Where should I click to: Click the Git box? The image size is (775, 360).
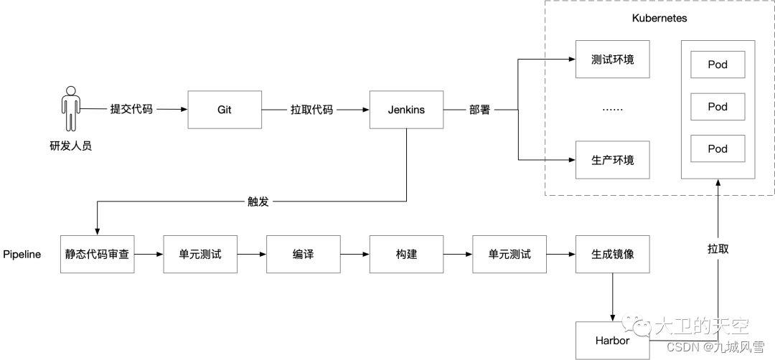click(224, 110)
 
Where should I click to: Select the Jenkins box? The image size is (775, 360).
click(406, 110)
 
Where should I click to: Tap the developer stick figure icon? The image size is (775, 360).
click(70, 110)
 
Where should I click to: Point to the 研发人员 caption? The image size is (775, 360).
click(70, 146)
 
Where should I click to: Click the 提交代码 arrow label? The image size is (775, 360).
click(131, 110)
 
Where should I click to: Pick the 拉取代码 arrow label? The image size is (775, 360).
click(312, 110)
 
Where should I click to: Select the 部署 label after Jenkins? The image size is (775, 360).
click(479, 110)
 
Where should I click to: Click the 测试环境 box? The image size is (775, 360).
click(612, 60)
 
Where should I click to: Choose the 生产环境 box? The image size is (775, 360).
click(612, 160)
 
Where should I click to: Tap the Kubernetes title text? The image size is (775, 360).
click(659, 19)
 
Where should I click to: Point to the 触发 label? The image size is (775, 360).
click(258, 202)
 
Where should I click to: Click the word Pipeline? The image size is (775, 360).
click(22, 255)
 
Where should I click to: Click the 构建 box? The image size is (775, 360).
click(406, 254)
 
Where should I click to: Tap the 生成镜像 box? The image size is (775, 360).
click(612, 254)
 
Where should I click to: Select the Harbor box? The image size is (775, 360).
click(612, 340)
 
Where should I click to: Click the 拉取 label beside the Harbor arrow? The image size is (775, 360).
click(718, 248)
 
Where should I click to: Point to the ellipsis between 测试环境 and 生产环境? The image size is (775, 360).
click(612, 110)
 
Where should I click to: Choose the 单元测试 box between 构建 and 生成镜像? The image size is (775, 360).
click(509, 254)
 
